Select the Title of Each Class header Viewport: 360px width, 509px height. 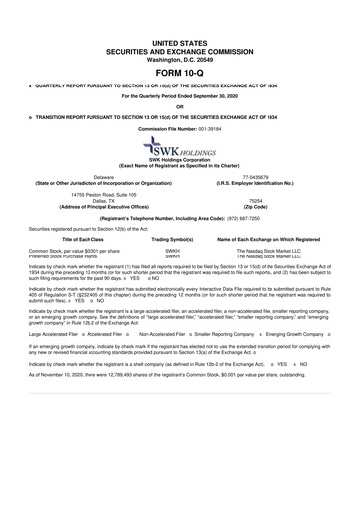[x=69, y=240]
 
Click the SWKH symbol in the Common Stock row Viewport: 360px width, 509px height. [x=171, y=252]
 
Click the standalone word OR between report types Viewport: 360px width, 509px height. [x=179, y=107]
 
